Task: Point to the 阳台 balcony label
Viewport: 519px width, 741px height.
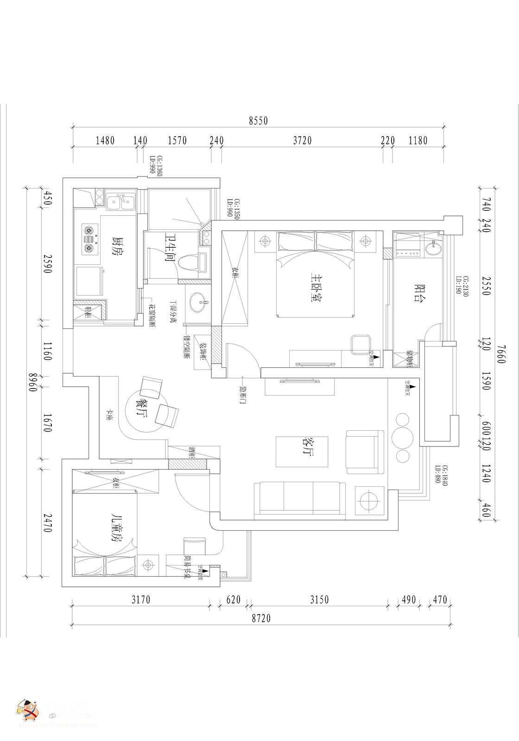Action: click(420, 291)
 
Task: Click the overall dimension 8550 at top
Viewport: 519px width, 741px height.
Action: click(258, 121)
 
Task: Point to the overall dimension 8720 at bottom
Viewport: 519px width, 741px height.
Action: click(261, 618)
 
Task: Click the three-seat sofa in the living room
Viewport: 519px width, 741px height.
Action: click(299, 498)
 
